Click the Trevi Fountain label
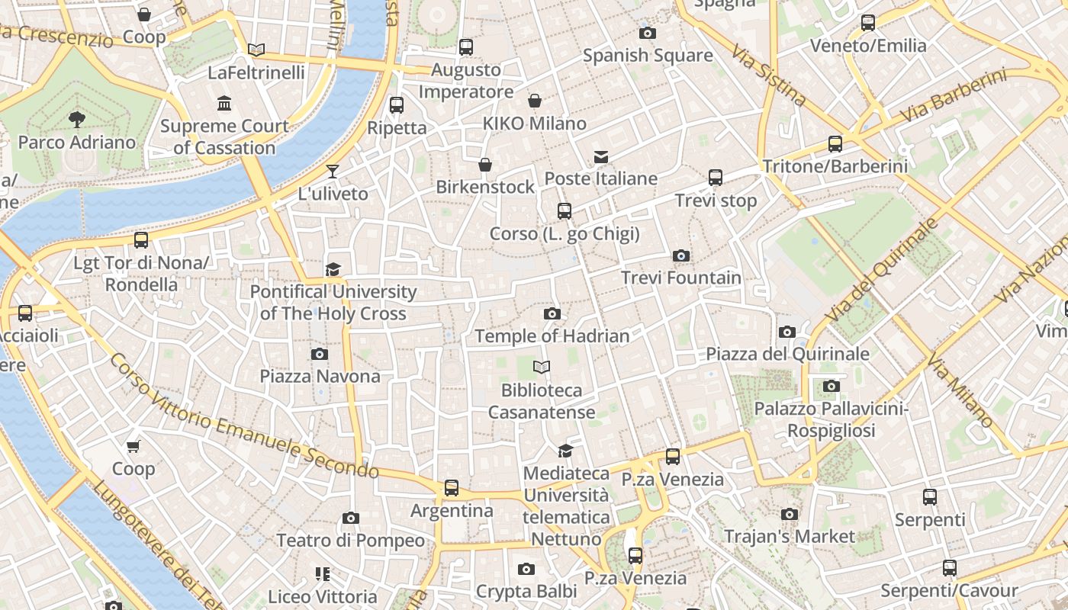(681, 278)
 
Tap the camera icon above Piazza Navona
(320, 354)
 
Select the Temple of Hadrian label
(552, 335)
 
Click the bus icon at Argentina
(452, 488)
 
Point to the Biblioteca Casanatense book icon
(542, 368)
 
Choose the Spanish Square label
(648, 55)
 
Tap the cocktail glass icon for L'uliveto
(333, 171)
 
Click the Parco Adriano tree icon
(76, 118)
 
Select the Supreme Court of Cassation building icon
(224, 103)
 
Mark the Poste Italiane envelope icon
(601, 157)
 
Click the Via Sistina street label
(768, 74)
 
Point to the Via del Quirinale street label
(880, 270)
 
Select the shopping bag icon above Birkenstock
(485, 165)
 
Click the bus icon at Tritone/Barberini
(835, 144)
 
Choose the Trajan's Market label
(790, 536)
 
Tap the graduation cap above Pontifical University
(333, 269)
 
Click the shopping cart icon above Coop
(133, 446)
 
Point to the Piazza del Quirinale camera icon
(787, 332)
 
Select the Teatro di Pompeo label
(350, 541)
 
